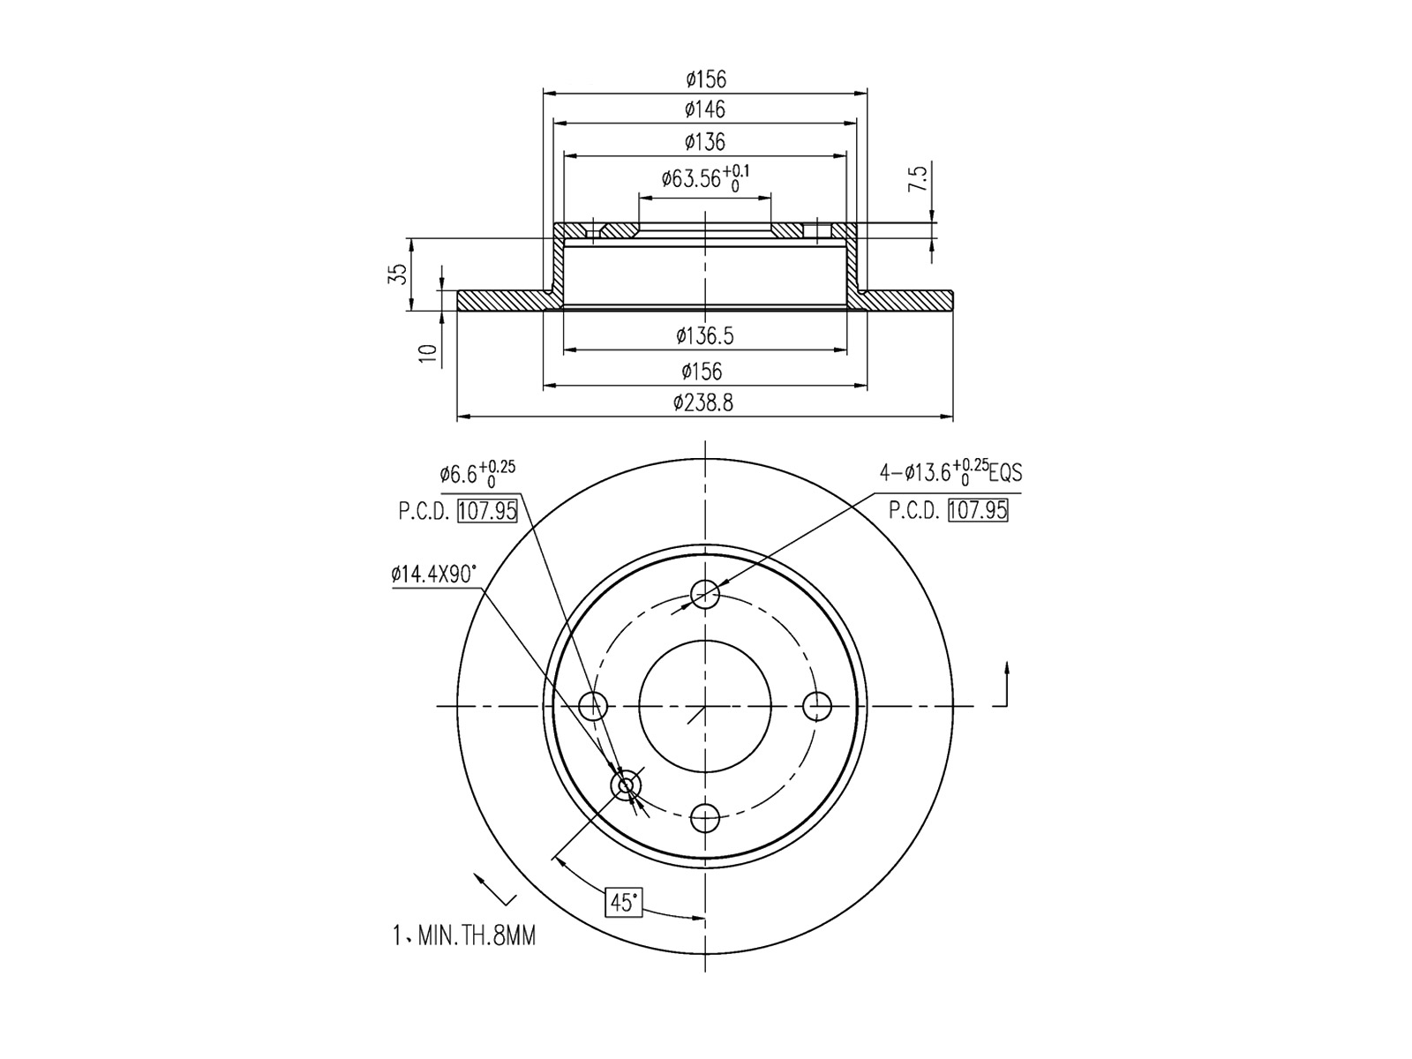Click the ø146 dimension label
pos(705,110)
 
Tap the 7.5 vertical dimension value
pos(918,179)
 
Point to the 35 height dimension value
pos(400,274)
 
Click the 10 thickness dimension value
pos(429,354)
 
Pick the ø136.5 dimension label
pos(705,336)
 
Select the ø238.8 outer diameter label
pos(703,403)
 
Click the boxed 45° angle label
pos(623,902)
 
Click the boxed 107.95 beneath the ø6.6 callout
pos(487,511)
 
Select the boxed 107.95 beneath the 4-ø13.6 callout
pos(978,510)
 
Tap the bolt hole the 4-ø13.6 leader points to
pos(705,594)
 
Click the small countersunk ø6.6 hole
pos(627,785)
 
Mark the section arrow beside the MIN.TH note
pos(494,890)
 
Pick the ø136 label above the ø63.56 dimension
pos(705,142)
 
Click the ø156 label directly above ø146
pos(705,79)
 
